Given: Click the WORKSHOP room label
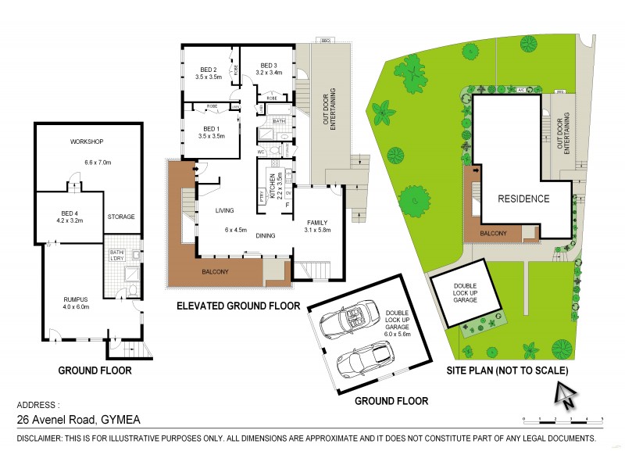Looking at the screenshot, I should pyautogui.click(x=87, y=141).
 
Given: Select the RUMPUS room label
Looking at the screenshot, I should pyautogui.click(x=77, y=298).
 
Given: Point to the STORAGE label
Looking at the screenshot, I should pyautogui.click(x=121, y=217).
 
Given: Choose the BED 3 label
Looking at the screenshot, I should pyautogui.click(x=269, y=65).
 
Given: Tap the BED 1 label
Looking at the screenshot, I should pyautogui.click(x=212, y=128).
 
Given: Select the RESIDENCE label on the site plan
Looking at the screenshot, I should pyautogui.click(x=523, y=199).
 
